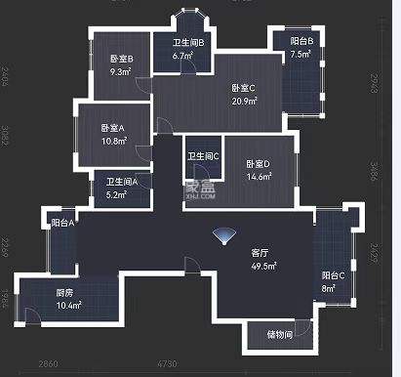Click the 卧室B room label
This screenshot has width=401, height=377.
click(x=121, y=60)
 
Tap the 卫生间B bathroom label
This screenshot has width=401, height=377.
click(x=188, y=44)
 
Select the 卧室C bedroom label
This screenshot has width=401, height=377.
click(x=244, y=89)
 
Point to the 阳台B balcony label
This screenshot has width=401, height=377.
click(x=301, y=42)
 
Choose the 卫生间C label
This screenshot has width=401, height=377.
click(x=203, y=155)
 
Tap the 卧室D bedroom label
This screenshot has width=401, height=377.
click(x=258, y=163)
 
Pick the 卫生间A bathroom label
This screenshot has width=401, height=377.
click(x=121, y=182)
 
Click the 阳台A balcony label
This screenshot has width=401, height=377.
click(x=63, y=223)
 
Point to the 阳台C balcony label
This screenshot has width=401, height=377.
click(x=332, y=275)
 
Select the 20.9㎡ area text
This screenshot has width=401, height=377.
click(x=244, y=102)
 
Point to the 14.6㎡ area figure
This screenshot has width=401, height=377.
click(x=258, y=176)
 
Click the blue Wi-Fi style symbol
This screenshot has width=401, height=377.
click(x=225, y=237)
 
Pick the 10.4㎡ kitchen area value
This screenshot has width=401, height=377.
click(x=67, y=306)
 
